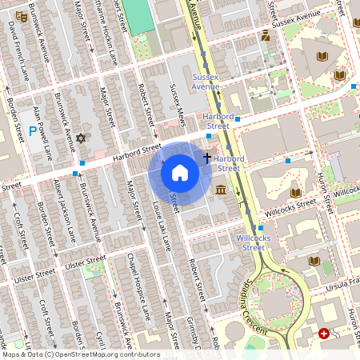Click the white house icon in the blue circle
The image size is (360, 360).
pyautogui.click(x=180, y=173)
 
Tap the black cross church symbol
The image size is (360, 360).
pyautogui.click(x=207, y=158)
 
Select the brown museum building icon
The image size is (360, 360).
pyautogui.click(x=220, y=190)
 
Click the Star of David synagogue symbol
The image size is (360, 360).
pyautogui.click(x=80, y=139)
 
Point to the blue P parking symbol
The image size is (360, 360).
pyautogui.click(x=33, y=130)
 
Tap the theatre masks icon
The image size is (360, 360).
pyautogui.click(x=265, y=34)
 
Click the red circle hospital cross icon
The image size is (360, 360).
pyautogui.click(x=323, y=333)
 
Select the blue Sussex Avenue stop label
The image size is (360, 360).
pyautogui.click(x=206, y=81)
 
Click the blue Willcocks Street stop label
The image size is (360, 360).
pyautogui.click(x=250, y=242)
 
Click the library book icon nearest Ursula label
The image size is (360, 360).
pyautogui.click(x=314, y=260)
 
